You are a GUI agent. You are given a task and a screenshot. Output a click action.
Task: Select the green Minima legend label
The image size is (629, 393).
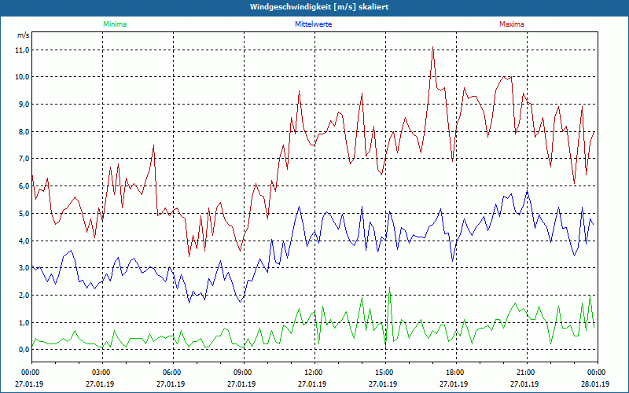114,24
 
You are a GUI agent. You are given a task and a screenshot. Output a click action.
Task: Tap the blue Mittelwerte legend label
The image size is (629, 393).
313,24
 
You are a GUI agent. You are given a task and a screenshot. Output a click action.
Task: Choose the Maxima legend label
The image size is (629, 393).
511,24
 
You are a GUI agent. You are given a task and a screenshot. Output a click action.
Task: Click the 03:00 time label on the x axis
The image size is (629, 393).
101,372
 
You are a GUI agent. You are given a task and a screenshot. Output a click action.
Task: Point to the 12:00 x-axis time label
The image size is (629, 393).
313,372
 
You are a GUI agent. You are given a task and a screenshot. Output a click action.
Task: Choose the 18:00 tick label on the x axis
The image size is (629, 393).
454,372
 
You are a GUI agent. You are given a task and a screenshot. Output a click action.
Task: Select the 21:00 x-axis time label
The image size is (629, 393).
525,372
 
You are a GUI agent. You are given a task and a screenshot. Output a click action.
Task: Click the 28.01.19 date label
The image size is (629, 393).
596,384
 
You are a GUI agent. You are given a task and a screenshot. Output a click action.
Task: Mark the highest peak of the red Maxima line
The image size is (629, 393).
432,47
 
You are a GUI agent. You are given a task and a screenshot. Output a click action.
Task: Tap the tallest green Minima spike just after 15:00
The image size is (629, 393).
389,290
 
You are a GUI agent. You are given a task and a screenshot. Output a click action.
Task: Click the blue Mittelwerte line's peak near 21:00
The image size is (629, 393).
528,191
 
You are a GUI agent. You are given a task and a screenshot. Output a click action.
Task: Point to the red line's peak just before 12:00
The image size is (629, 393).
300,91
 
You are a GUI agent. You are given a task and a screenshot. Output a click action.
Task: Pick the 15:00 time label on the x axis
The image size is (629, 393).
384,372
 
